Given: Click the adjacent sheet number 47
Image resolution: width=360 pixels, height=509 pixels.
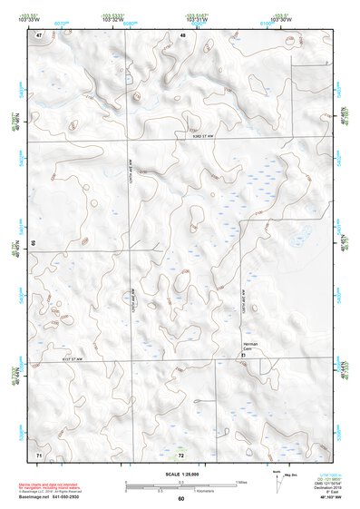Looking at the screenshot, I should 39,34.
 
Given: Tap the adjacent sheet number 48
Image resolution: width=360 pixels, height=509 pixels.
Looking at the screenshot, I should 182,34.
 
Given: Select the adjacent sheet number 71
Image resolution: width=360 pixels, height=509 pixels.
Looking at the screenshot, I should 39,453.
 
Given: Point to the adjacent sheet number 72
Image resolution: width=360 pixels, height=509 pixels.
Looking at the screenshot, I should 181,454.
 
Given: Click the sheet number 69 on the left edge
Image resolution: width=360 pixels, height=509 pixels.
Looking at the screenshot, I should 33,243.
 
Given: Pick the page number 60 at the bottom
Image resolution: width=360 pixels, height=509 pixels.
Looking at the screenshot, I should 181,498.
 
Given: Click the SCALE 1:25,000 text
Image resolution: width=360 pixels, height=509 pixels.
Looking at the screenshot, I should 181,475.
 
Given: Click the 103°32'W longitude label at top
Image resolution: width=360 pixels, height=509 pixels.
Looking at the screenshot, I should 131,19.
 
